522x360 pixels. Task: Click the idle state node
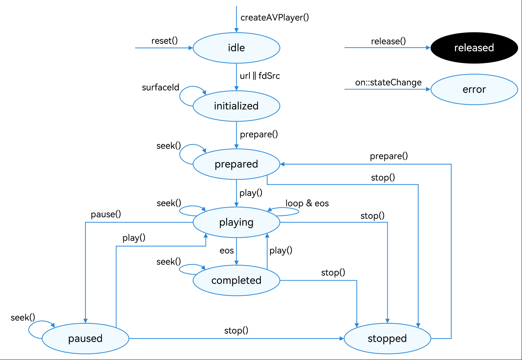236,48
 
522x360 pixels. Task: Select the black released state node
474,48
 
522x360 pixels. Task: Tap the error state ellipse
474,89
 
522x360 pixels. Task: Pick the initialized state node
236,106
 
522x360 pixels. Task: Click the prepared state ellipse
236,164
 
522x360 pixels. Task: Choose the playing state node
236,222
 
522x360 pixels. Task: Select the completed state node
236,280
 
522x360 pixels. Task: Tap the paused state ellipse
85,338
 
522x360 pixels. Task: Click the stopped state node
387,338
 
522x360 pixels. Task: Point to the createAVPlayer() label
275,17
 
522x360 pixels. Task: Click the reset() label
164,41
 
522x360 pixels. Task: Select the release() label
388,41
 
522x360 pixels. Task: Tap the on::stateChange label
388,83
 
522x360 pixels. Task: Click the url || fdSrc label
260,76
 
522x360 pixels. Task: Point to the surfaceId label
160,88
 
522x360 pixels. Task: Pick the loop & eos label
307,203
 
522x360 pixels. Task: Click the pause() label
106,214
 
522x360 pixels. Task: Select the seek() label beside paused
23,318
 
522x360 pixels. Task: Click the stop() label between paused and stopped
236,330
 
